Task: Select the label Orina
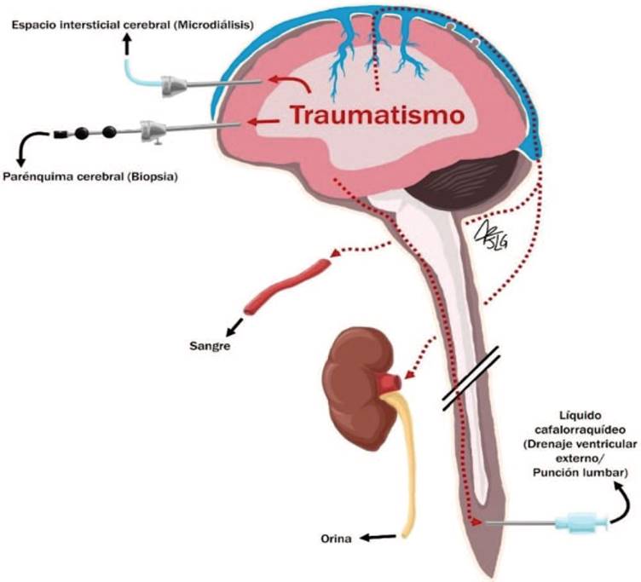tap(337, 539)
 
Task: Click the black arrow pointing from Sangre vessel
tap(231, 328)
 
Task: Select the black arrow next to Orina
tap(378, 537)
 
